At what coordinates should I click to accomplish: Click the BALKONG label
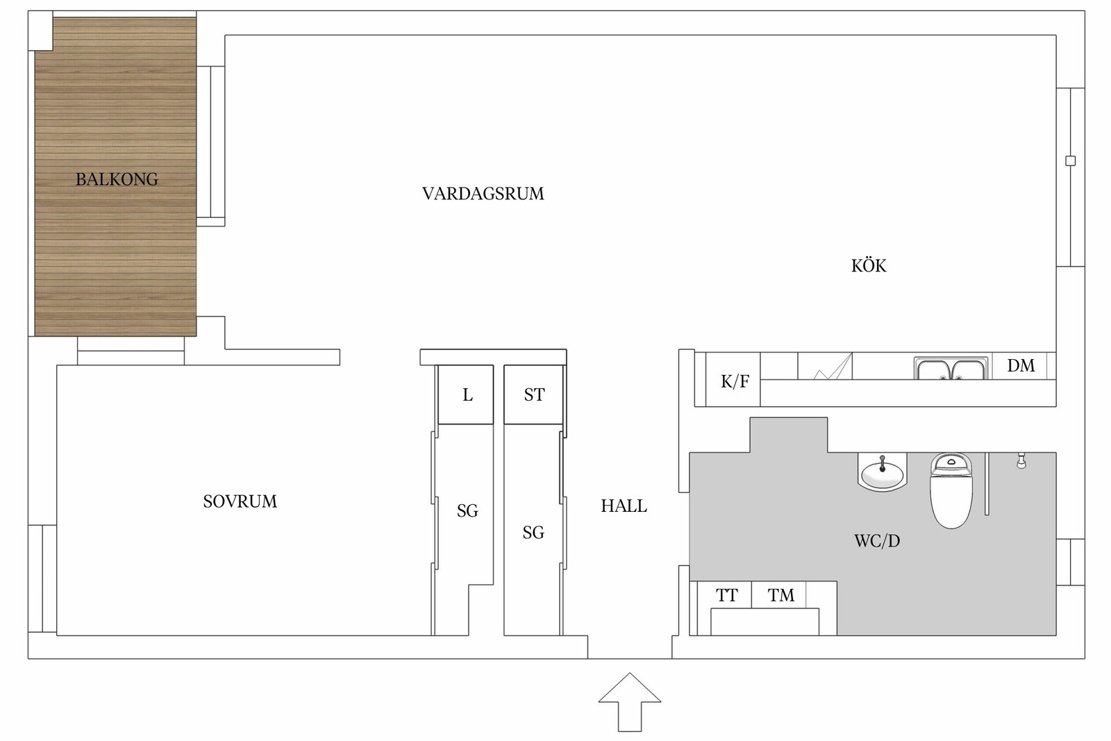[117, 179]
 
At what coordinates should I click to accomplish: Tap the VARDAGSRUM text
[483, 194]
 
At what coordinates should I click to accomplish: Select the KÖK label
[869, 266]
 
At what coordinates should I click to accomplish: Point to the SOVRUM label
[240, 501]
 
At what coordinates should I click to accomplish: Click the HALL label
[624, 506]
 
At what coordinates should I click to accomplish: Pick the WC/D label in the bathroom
[877, 540]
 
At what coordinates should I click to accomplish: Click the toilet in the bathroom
[951, 490]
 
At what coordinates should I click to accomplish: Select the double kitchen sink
[951, 369]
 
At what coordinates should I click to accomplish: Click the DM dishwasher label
[1021, 365]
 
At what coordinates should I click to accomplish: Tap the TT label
[726, 594]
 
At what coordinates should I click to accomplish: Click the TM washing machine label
[780, 594]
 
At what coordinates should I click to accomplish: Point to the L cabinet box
[466, 394]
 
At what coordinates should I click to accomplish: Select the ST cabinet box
[534, 394]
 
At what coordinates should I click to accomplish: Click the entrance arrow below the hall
[629, 702]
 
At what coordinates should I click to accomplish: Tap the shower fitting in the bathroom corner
[1021, 460]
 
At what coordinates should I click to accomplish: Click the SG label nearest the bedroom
[467, 511]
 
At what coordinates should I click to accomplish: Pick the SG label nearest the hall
[533, 533]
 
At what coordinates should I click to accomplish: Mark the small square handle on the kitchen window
[1070, 160]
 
